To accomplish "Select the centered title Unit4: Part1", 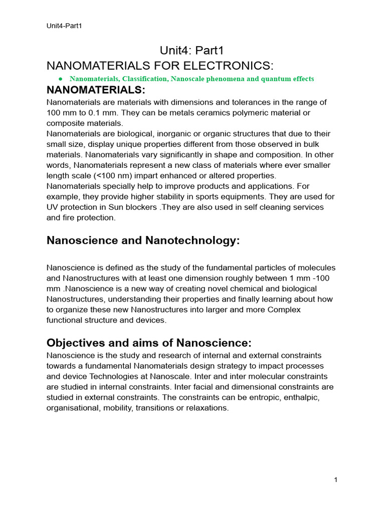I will (x=192, y=50).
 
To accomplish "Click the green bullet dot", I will (x=60, y=79).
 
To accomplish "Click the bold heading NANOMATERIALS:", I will (x=96, y=90).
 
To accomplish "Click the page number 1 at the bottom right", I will (x=335, y=480).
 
